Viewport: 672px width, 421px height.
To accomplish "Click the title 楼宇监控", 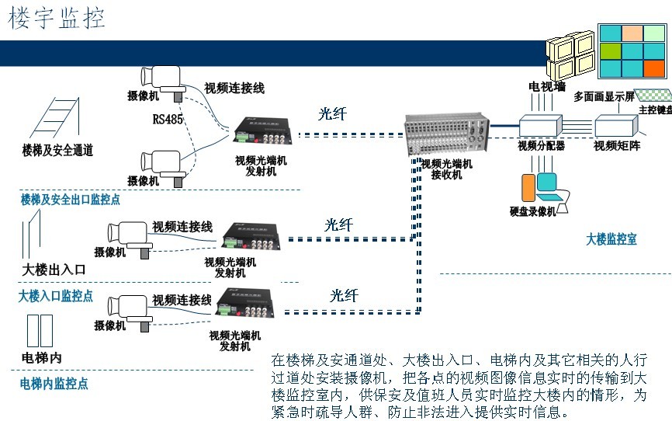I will click(57, 19).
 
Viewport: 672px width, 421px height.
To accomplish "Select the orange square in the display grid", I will click(654, 68).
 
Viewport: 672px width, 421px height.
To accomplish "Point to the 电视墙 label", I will click(546, 86).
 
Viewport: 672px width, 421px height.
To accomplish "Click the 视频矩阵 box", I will click(616, 126).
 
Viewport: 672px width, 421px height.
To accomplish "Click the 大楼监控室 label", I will click(611, 239).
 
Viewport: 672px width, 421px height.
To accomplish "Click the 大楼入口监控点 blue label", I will click(56, 296).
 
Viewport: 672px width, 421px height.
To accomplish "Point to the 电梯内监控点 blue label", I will click(54, 383).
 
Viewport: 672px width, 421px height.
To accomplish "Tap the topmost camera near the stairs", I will click(162, 77).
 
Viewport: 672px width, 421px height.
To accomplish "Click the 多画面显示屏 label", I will click(604, 96).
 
